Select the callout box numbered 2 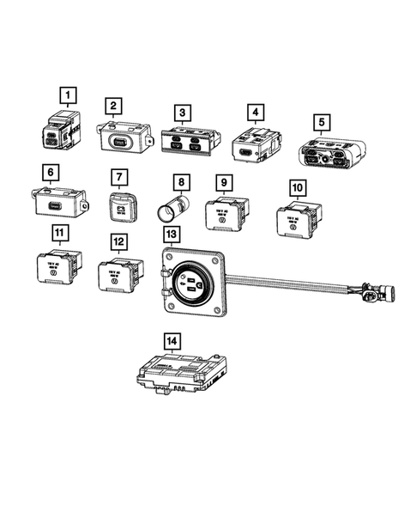click(112, 106)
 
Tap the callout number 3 click(181, 113)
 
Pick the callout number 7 click(121, 176)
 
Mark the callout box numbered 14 click(174, 341)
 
